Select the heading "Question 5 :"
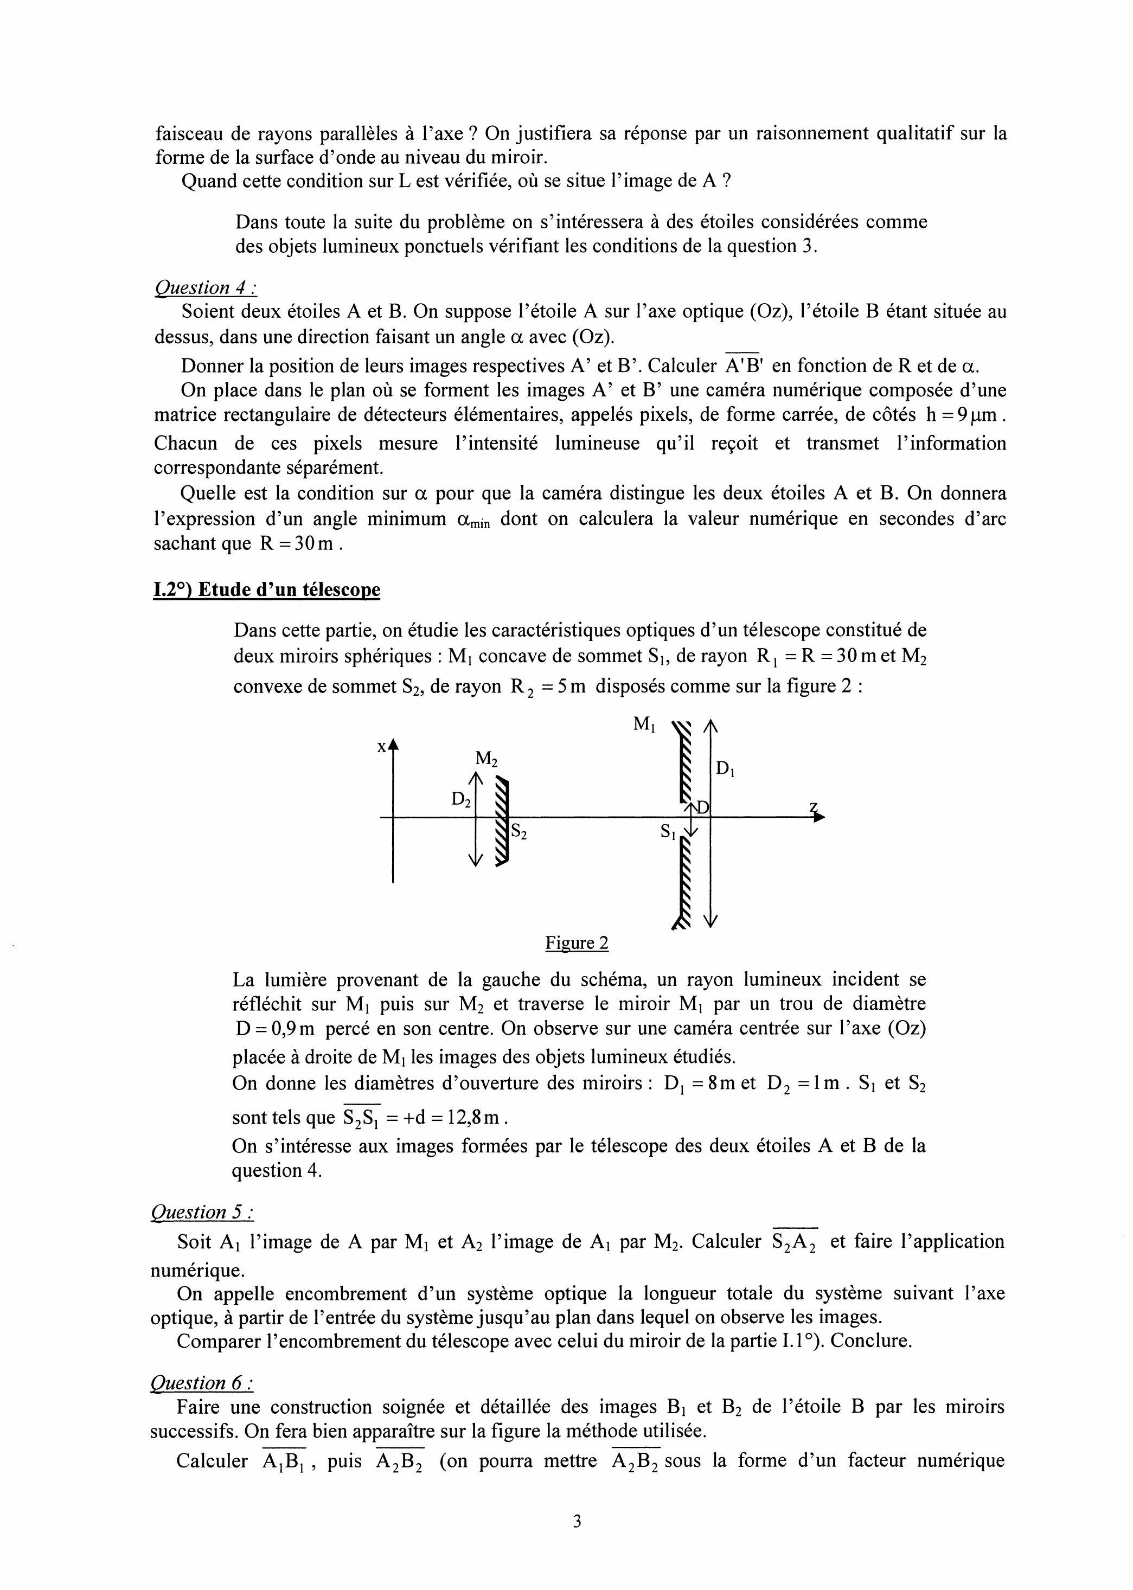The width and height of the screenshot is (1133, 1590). (202, 1212)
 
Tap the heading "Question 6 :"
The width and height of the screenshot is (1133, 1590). (202, 1383)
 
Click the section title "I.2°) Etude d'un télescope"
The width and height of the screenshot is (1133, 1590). (266, 589)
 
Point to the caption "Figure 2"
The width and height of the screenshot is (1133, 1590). (577, 943)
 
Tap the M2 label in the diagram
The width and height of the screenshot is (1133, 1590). (487, 759)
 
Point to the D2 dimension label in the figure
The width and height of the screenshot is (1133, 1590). (461, 799)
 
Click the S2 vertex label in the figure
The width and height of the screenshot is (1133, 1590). (519, 831)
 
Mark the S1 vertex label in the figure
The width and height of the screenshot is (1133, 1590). (668, 831)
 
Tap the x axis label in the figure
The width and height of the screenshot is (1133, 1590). (382, 747)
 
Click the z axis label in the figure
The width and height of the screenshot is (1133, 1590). (814, 807)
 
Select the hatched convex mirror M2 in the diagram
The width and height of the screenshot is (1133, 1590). (502, 823)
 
